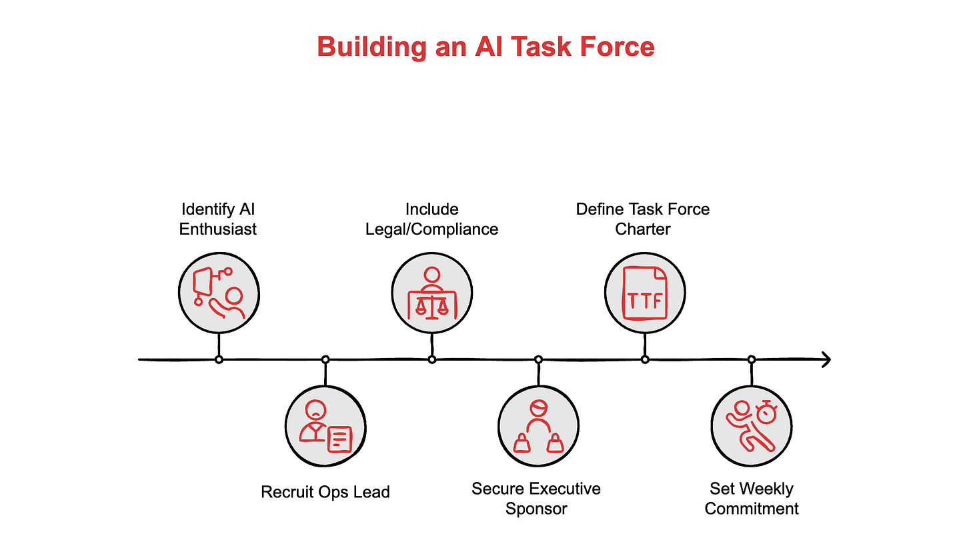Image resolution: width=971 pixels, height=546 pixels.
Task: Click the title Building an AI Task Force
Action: (x=485, y=47)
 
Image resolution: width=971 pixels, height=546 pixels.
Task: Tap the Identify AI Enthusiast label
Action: (x=218, y=219)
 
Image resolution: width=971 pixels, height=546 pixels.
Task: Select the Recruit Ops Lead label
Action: (x=325, y=492)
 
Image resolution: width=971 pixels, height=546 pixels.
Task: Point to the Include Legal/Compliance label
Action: (x=431, y=219)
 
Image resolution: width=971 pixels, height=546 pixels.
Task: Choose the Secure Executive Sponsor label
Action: (x=536, y=498)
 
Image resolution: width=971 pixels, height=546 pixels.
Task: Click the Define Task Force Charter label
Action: (x=643, y=219)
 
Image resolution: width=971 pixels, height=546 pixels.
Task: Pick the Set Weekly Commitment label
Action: (x=752, y=498)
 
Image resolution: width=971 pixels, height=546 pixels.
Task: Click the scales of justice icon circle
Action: (x=431, y=294)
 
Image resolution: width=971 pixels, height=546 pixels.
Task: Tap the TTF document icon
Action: (x=645, y=294)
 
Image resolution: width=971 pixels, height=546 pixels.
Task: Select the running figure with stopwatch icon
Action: (x=752, y=425)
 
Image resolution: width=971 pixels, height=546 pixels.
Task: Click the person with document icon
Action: (x=325, y=425)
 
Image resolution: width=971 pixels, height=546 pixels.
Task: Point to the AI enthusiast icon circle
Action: (x=219, y=294)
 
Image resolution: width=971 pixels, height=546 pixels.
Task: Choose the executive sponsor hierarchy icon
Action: (x=538, y=425)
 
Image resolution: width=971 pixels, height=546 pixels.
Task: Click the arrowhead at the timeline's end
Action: (x=826, y=359)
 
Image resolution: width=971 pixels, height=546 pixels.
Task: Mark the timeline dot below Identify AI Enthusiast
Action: (x=219, y=359)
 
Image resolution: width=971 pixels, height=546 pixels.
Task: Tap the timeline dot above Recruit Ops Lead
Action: (x=325, y=359)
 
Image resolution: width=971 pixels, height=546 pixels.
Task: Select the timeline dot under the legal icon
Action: (x=432, y=359)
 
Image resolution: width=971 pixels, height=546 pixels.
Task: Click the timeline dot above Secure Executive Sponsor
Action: (x=538, y=359)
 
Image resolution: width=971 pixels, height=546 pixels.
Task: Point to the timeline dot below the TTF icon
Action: (x=645, y=359)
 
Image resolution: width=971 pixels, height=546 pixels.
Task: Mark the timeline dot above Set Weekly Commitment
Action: (x=752, y=359)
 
